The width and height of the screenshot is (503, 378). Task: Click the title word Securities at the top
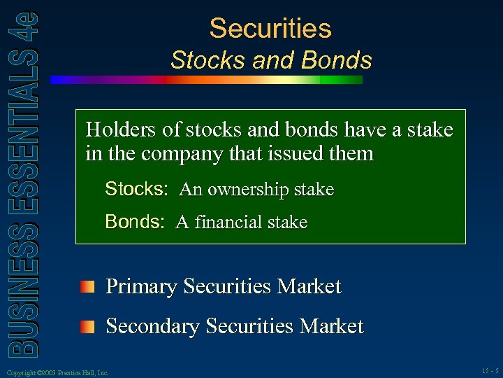coord(270,29)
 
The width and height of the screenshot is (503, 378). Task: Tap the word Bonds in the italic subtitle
coord(337,61)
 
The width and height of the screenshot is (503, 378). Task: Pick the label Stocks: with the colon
coord(136,189)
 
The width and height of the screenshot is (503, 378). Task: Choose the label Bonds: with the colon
coord(134,222)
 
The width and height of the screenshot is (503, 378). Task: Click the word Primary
coord(140,287)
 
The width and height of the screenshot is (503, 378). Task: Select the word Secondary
coord(152,327)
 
